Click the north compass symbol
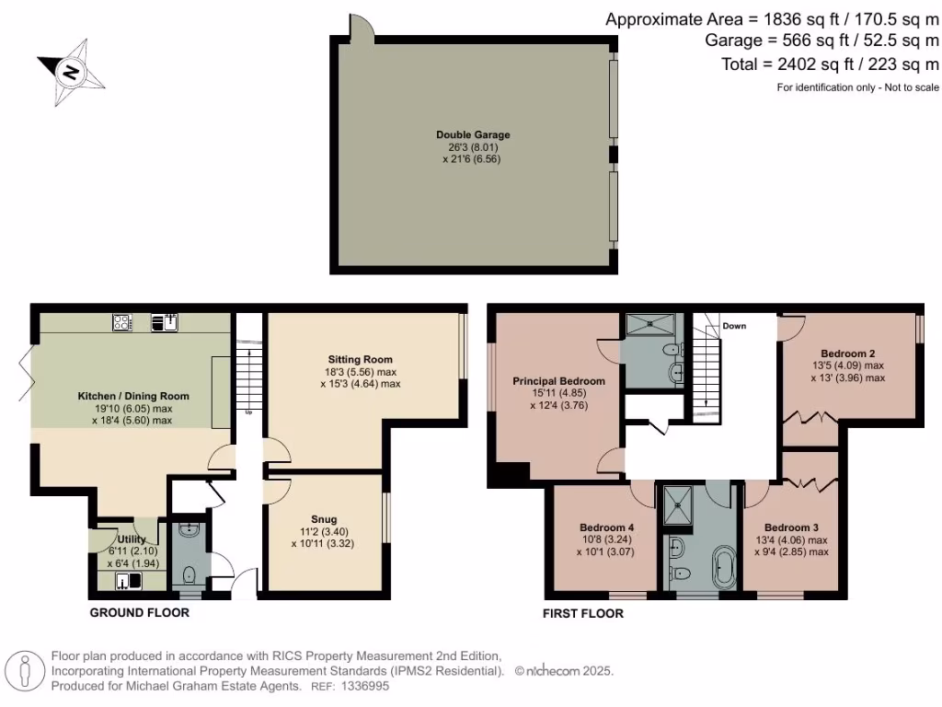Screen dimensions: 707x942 click(x=71, y=70)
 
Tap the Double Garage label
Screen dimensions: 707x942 click(x=473, y=135)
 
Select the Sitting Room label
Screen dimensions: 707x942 click(x=361, y=359)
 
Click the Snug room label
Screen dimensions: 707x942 click(x=325, y=520)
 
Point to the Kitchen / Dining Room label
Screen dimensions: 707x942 click(x=132, y=396)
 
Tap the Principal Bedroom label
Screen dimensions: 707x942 click(x=558, y=381)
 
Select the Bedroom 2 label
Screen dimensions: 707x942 click(x=846, y=353)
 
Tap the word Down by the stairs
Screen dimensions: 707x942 click(x=733, y=326)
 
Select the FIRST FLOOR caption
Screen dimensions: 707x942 click(x=582, y=613)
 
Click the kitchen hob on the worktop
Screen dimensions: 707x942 click(x=122, y=322)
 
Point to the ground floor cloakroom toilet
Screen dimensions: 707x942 click(x=190, y=575)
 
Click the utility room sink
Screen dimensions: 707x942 click(x=124, y=580)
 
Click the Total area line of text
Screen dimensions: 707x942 click(x=831, y=64)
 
